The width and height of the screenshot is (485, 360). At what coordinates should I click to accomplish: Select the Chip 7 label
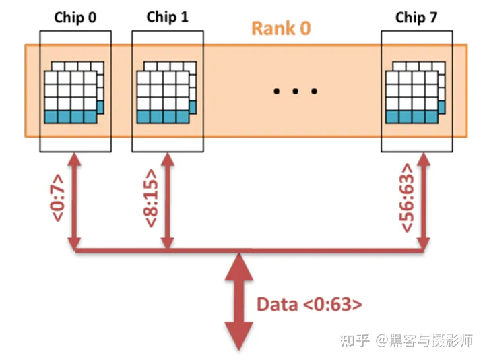click(415, 18)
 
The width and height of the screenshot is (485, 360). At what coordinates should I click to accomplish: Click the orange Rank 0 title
click(281, 29)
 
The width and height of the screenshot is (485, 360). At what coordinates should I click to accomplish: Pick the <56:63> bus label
click(408, 200)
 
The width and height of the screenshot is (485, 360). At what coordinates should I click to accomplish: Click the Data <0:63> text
click(309, 304)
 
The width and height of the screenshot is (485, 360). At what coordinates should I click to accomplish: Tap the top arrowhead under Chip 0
click(73, 160)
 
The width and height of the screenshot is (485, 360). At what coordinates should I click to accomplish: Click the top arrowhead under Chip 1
click(168, 160)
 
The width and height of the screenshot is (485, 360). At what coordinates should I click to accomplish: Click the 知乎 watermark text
click(353, 340)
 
